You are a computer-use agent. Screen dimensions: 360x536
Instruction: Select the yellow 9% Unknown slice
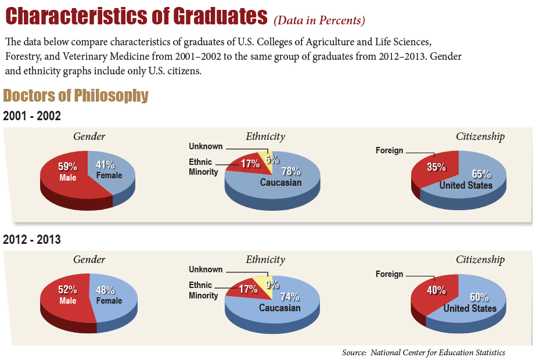[271, 285]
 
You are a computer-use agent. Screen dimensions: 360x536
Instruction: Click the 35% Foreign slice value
[436, 167]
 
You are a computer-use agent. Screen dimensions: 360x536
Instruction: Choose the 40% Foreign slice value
[437, 290]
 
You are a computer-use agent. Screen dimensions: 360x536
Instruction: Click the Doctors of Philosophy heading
[75, 96]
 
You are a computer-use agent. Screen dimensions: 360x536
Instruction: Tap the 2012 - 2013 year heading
[32, 239]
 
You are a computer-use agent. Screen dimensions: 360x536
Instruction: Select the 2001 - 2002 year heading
[32, 116]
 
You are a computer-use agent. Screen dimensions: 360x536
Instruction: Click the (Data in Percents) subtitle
[319, 21]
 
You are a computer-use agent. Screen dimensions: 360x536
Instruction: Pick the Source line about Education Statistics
[423, 352]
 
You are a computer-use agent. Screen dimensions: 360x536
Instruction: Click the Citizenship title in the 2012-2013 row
[480, 260]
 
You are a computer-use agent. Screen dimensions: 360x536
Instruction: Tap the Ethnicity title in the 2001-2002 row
[265, 136]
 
